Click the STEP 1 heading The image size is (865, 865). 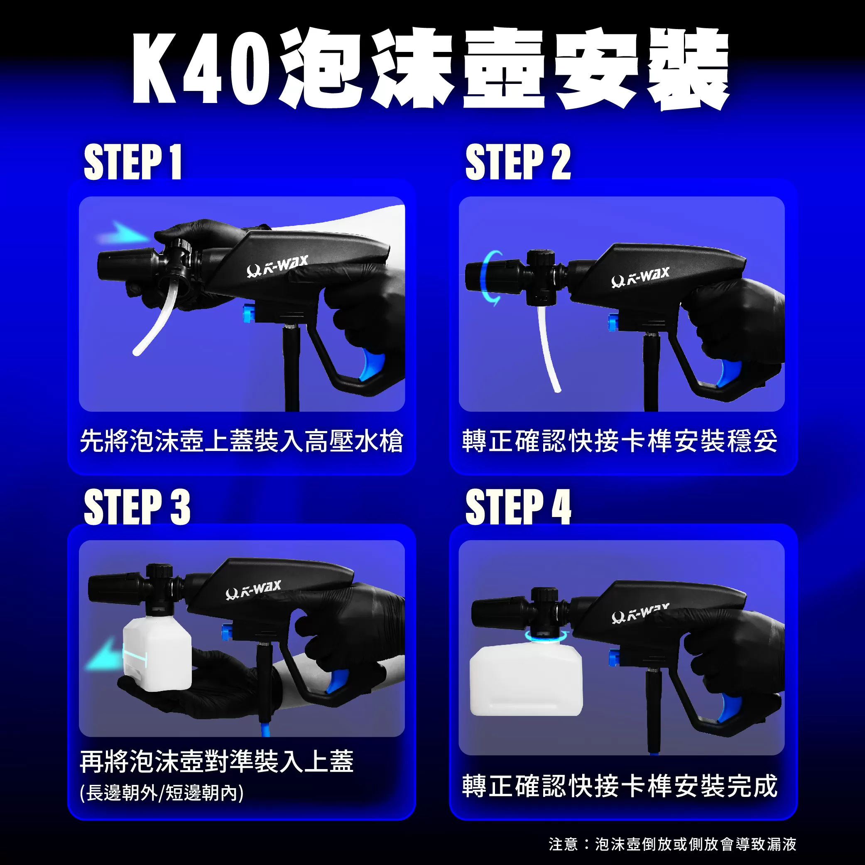tap(133, 162)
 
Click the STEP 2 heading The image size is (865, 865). tap(518, 162)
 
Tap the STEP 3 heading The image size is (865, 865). tap(137, 506)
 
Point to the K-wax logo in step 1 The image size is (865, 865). tap(277, 267)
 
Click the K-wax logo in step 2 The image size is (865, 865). tap(640, 277)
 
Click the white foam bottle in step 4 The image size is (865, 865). tap(526, 680)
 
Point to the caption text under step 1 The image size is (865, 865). tap(242, 441)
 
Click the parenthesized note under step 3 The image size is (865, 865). tap(162, 793)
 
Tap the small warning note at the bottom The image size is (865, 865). tap(672, 844)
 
